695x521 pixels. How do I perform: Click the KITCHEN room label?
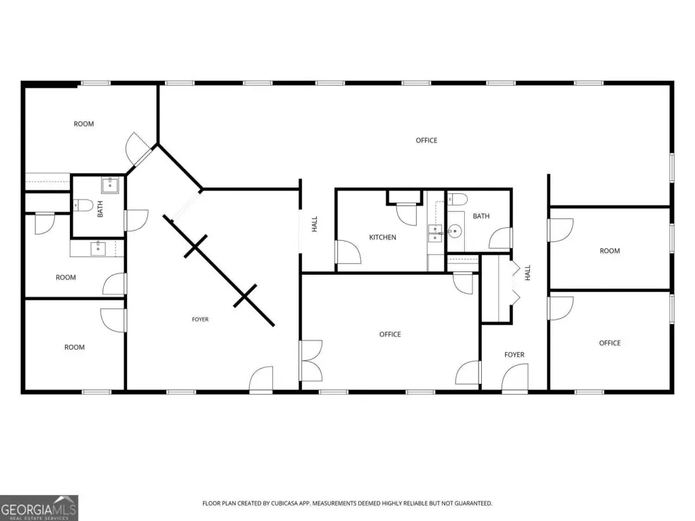pos(383,237)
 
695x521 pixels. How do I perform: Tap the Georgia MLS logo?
pos(39,507)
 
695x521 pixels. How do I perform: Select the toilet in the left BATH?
pos(82,205)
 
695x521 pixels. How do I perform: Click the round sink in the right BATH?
pos(454,231)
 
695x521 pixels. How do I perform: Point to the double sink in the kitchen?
pos(435,233)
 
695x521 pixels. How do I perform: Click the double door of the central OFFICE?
pos(312,361)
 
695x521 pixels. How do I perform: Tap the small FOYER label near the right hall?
pos(514,355)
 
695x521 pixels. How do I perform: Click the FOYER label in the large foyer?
pos(200,320)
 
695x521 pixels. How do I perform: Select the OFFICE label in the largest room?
pos(426,140)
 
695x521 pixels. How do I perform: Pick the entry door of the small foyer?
pos(515,379)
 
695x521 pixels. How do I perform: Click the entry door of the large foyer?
pos(261,380)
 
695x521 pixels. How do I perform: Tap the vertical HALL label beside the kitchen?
pos(315,224)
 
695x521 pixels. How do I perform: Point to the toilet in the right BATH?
pos(457,199)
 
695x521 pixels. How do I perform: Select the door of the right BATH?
pos(501,238)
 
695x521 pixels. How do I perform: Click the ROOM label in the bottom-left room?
pos(75,347)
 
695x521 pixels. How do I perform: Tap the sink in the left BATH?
pos(110,185)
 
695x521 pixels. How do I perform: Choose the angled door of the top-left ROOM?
pos(138,149)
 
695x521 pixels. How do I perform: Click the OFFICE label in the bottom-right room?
pos(610,343)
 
